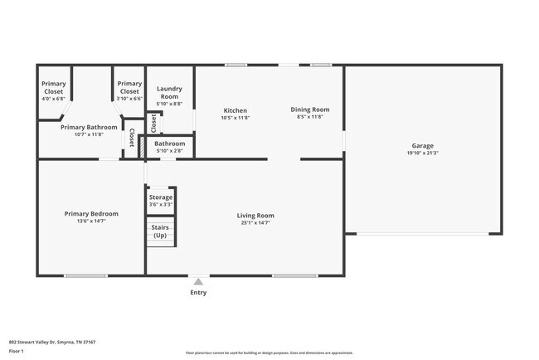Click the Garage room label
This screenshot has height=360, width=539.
(423, 145)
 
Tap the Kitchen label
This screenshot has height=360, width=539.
(236, 110)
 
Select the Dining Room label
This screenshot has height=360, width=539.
(310, 109)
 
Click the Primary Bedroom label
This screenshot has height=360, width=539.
(91, 213)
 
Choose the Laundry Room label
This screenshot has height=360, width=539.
(169, 92)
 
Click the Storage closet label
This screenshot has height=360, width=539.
(161, 197)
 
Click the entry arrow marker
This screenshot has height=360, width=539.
(198, 281)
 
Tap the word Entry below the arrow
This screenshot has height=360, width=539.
(198, 292)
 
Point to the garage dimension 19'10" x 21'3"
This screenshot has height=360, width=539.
(423, 153)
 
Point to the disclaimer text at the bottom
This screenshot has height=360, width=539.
(269, 353)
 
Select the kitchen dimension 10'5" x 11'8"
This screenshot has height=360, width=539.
(236, 118)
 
